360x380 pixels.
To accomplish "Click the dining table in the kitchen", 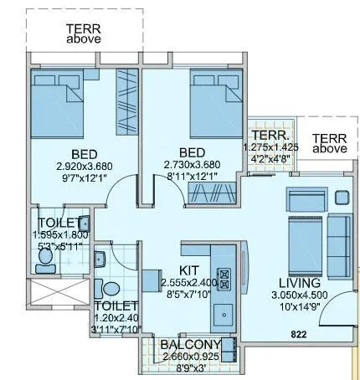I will click(x=155, y=280).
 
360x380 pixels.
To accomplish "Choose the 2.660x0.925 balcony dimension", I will click(x=192, y=357).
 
